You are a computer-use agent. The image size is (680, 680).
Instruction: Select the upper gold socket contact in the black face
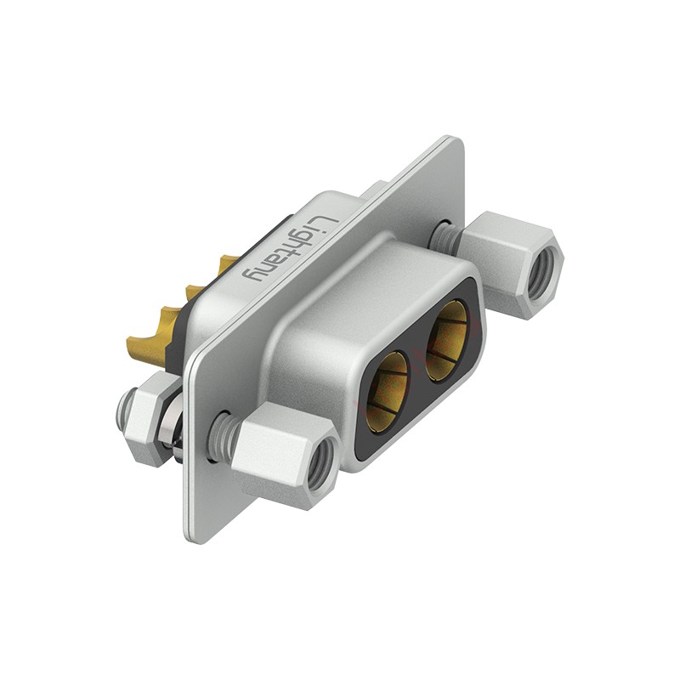pos(447,340)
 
